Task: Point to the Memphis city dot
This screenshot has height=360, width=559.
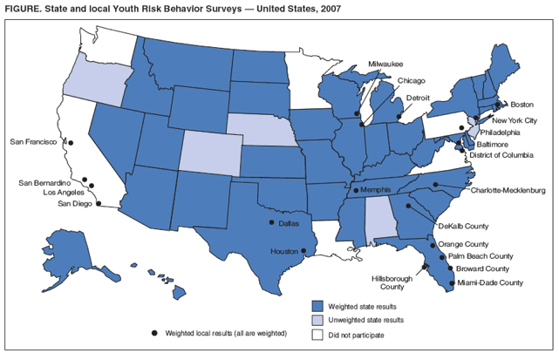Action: tap(355, 190)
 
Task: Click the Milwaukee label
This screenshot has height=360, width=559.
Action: tap(385, 65)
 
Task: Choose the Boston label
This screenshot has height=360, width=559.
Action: tap(522, 104)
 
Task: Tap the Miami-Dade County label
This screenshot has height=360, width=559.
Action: tap(491, 282)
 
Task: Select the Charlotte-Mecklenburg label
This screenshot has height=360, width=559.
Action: tap(507, 189)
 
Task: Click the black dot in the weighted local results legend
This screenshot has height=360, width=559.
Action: tap(154, 333)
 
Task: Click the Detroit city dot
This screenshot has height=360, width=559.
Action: tap(399, 114)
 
